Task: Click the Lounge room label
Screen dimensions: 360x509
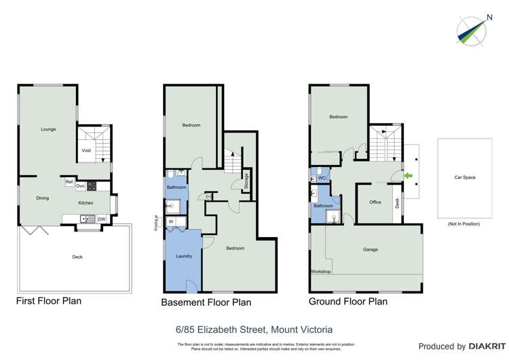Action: point(48,129)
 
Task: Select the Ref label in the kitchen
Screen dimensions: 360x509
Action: point(69,182)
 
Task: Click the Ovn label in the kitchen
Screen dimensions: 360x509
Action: point(79,186)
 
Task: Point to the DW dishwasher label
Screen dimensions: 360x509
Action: point(101,219)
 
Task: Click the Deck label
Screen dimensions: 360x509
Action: point(77,257)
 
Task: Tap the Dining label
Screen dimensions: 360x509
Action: point(43,198)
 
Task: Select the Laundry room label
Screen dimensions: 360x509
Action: point(183,256)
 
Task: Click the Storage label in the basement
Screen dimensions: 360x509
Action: point(247,181)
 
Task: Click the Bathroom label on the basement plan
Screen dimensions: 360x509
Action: point(177,187)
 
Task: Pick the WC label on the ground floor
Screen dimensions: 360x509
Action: point(323,178)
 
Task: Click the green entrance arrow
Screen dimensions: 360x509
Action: point(409,177)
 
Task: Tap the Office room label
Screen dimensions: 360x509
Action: point(375,202)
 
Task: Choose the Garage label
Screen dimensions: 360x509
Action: point(371,249)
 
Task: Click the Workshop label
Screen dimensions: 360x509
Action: point(321,272)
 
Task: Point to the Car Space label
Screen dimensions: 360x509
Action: point(465,177)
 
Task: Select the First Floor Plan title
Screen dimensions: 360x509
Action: point(50,300)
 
